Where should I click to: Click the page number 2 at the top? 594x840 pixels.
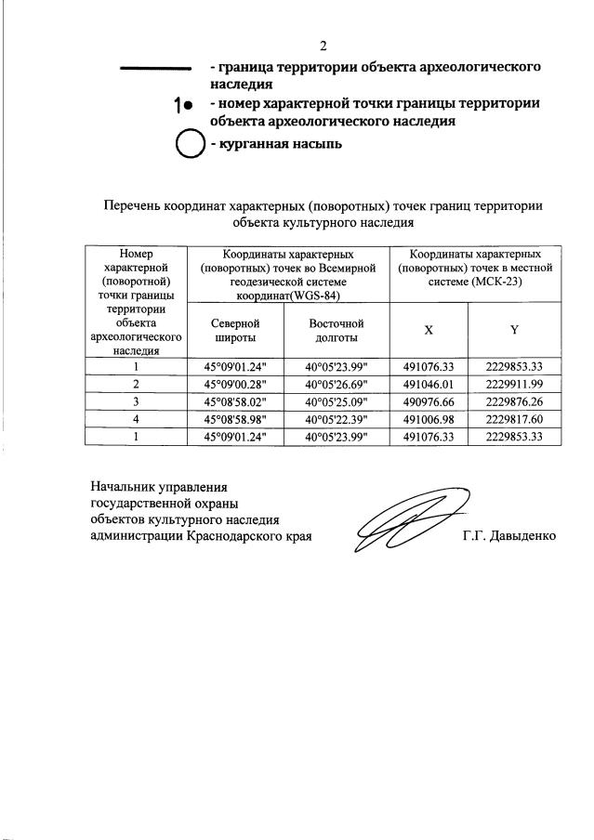[x=324, y=46]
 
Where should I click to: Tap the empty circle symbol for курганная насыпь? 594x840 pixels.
[x=190, y=145]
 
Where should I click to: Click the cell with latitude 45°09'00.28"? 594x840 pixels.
[x=235, y=384]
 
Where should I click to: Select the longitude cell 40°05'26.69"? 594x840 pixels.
[x=336, y=384]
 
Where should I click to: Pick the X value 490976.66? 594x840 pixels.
[x=428, y=401]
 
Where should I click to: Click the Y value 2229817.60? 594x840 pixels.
[x=513, y=419]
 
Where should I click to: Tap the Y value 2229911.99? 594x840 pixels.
[x=513, y=384]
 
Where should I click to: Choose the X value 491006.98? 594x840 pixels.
[x=428, y=419]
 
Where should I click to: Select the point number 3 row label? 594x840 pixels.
[x=136, y=401]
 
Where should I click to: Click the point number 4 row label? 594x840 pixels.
[x=136, y=419]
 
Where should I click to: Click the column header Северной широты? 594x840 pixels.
[x=235, y=331]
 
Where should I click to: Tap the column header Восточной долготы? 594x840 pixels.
[x=336, y=331]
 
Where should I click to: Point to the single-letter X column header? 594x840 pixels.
[x=428, y=331]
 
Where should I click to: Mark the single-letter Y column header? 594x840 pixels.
[x=513, y=331]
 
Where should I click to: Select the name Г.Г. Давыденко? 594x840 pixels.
[x=509, y=536]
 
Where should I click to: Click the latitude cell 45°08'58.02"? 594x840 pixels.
[x=235, y=401]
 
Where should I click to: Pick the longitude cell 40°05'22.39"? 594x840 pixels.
[x=336, y=419]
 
